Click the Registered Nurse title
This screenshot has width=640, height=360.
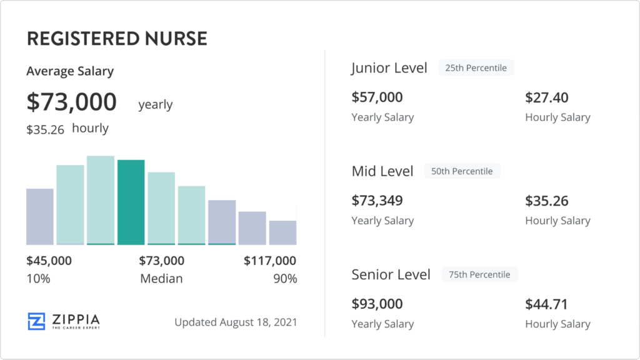pyautogui.click(x=116, y=39)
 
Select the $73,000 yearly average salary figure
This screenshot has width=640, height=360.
pyautogui.click(x=71, y=102)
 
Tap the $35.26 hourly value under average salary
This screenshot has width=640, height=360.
pyautogui.click(x=45, y=129)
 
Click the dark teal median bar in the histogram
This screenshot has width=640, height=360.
pyautogui.click(x=131, y=202)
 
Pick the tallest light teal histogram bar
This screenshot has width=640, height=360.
pyautogui.click(x=101, y=200)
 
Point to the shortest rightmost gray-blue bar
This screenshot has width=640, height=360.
pyautogui.click(x=282, y=232)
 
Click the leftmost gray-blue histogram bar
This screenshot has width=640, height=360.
pyautogui.click(x=40, y=216)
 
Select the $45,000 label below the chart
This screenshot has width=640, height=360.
pyautogui.click(x=49, y=261)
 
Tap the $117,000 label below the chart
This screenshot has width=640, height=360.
pyautogui.click(x=270, y=261)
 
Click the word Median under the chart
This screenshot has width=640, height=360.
pyautogui.click(x=161, y=279)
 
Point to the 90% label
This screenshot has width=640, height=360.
pyautogui.click(x=285, y=279)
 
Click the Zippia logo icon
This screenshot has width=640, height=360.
pyautogui.click(x=37, y=321)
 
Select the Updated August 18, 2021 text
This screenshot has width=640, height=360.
pyautogui.click(x=236, y=322)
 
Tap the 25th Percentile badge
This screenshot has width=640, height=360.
pyautogui.click(x=476, y=67)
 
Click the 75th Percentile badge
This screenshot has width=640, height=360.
pyautogui.click(x=479, y=274)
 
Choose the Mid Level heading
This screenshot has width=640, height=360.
pyautogui.click(x=382, y=171)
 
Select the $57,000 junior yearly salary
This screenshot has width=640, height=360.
pyautogui.click(x=377, y=97)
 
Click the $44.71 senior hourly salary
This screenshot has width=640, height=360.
pyautogui.click(x=546, y=304)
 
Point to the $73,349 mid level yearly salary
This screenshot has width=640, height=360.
pyautogui.click(x=377, y=201)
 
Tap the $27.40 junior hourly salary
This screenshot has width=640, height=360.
pyautogui.click(x=546, y=97)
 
